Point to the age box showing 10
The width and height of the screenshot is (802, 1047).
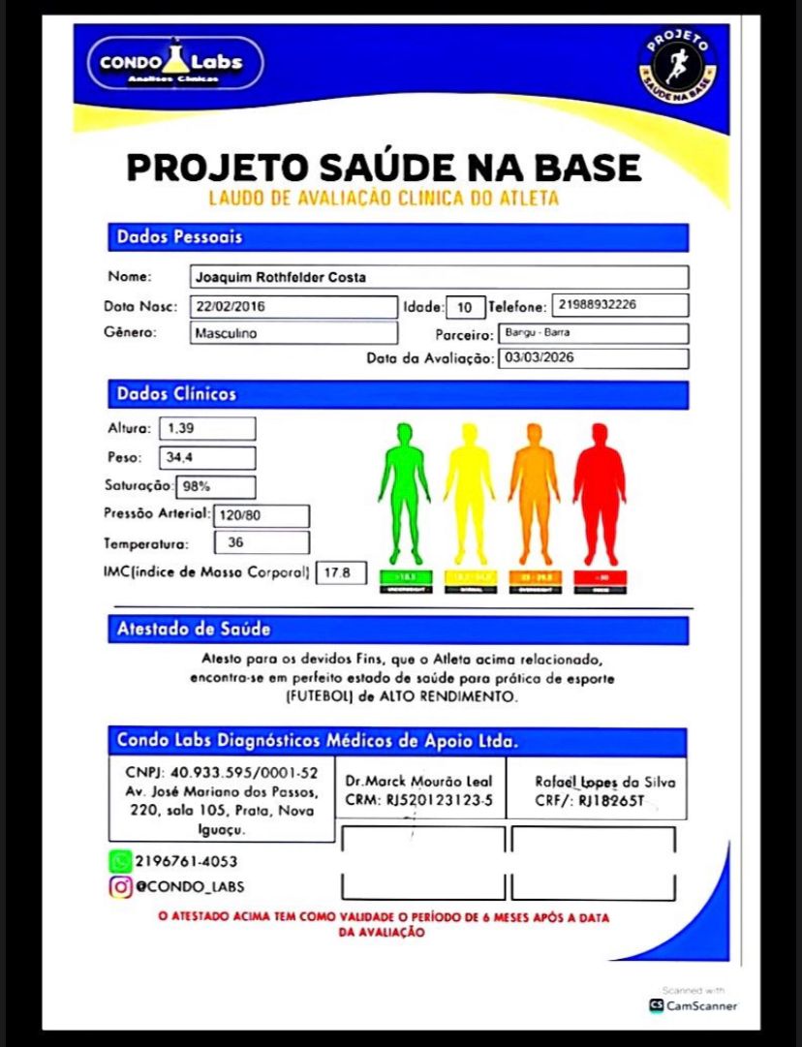coord(465,307)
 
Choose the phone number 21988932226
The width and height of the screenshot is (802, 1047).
coord(620,305)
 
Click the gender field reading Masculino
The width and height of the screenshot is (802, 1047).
coord(292,333)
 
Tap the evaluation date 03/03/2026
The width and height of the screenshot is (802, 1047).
coord(593,358)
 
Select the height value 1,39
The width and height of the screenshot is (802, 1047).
coord(207,428)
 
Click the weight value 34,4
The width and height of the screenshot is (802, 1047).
coord(207,457)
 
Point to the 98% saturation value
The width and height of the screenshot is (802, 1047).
coord(215,486)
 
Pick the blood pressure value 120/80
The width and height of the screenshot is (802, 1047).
coord(261,516)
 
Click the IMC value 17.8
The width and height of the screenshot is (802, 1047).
coord(342,572)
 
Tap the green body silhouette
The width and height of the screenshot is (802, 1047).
coord(404,492)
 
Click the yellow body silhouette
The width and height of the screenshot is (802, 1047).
coord(469,492)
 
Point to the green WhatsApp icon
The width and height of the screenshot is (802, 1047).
coord(120,860)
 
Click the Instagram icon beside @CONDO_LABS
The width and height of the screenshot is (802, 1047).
coord(120,885)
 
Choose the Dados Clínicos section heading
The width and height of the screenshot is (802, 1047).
coord(176,394)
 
